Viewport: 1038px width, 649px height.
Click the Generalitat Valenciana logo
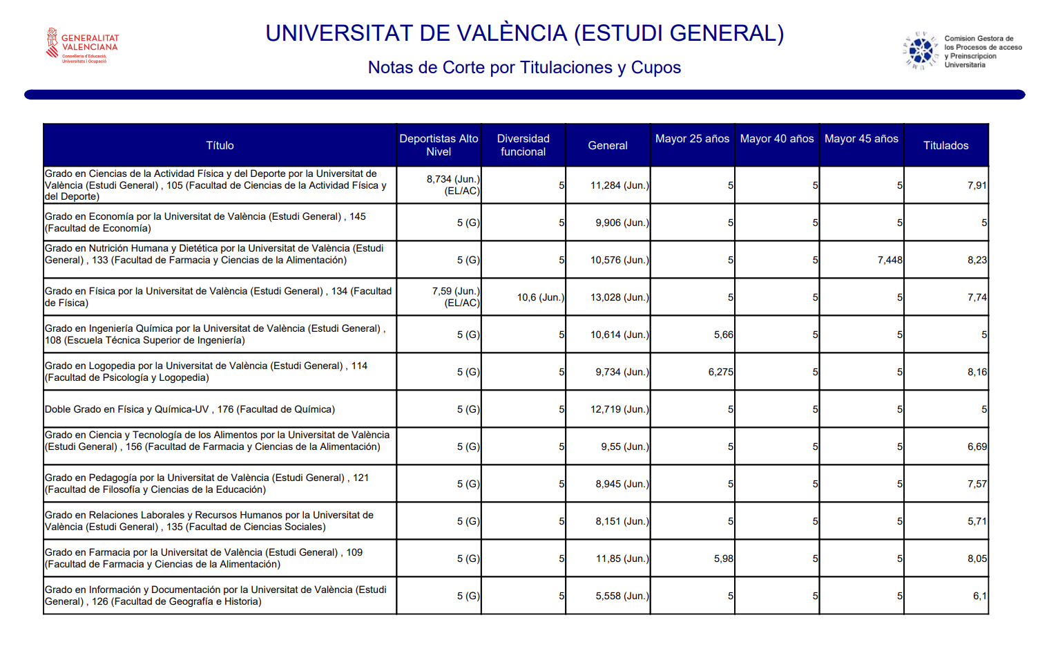click(x=81, y=46)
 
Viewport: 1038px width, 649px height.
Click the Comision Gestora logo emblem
click(x=921, y=51)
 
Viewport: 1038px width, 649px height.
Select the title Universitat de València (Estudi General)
click(x=524, y=33)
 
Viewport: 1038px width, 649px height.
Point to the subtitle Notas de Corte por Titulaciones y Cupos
click(x=524, y=68)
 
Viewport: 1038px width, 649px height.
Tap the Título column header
click(x=220, y=145)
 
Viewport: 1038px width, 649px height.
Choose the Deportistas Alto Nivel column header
click(x=439, y=145)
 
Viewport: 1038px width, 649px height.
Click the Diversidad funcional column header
click(x=523, y=145)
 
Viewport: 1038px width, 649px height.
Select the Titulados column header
click(x=945, y=145)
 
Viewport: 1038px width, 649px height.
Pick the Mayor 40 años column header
click(x=776, y=139)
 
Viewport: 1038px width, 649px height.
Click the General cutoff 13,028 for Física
click(x=619, y=297)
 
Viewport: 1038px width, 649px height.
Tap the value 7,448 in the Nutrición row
click(x=890, y=260)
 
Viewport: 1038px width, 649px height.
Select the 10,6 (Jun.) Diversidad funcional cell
click(x=540, y=297)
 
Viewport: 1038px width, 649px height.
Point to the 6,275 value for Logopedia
click(x=720, y=372)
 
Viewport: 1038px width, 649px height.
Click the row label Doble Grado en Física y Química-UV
click(x=190, y=409)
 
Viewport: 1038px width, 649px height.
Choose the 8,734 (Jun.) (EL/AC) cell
click(x=452, y=185)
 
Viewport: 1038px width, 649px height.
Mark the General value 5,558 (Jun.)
click(x=622, y=596)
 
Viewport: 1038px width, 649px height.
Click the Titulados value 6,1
click(x=979, y=596)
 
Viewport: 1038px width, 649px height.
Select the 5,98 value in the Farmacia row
click(x=723, y=558)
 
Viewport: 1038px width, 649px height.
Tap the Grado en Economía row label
click(x=205, y=223)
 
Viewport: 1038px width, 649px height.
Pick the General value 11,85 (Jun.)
click(x=622, y=558)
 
